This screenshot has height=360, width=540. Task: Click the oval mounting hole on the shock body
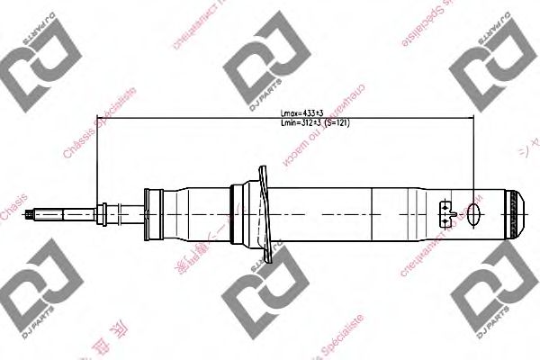[x=475, y=214]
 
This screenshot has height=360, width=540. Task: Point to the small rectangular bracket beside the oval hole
[x=445, y=214]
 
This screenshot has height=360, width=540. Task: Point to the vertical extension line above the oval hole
[x=475, y=162]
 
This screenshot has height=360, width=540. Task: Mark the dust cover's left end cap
[x=149, y=213]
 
